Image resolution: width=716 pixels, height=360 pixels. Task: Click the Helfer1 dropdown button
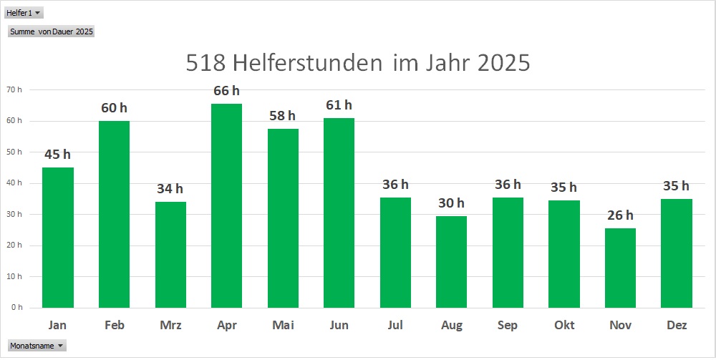[24, 13]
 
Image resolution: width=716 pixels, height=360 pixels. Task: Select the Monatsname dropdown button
[37, 346]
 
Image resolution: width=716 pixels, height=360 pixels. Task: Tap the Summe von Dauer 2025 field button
[52, 31]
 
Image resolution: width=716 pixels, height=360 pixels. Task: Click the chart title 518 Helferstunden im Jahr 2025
[357, 63]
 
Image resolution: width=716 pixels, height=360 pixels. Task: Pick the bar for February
[114, 215]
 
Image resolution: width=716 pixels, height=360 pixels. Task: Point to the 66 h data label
[226, 91]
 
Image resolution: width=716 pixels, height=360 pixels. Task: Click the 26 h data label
[620, 215]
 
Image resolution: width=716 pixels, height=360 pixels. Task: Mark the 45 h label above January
[57, 155]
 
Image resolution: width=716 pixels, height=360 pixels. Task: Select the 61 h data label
[339, 106]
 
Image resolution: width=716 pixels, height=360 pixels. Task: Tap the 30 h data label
[452, 203]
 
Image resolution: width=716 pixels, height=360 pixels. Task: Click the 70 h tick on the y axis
[14, 90]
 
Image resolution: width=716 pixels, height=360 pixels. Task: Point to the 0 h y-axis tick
[16, 307]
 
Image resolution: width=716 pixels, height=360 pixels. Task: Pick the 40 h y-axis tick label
[14, 183]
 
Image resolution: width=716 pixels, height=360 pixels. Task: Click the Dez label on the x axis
[677, 326]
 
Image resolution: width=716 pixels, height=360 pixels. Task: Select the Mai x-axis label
[283, 326]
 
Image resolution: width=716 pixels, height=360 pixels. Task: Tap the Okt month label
[564, 326]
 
